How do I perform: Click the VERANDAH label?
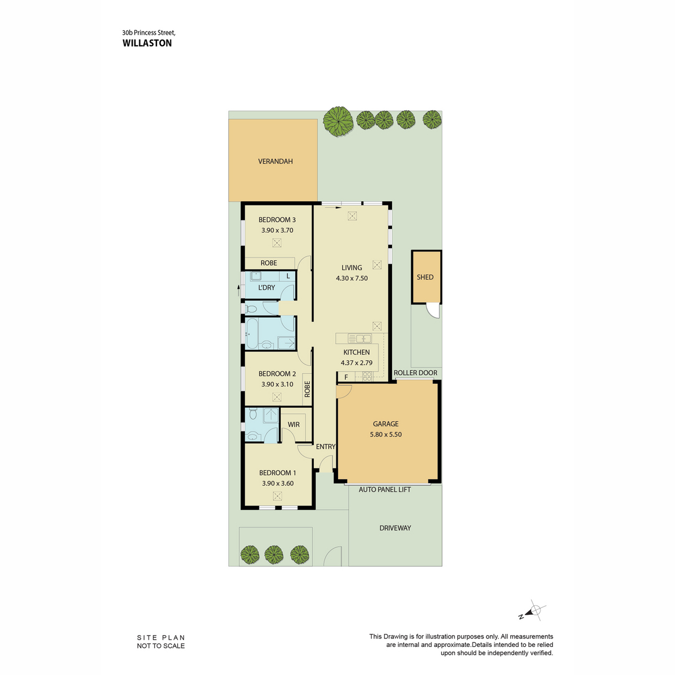tap(275, 161)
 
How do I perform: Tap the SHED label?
tap(425, 277)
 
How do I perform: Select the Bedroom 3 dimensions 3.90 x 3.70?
tap(277, 231)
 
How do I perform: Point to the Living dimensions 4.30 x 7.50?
tap(352, 278)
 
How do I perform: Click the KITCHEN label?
tap(356, 352)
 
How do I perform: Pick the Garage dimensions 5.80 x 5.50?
tap(386, 434)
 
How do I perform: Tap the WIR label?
tap(294, 425)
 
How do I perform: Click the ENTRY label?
tap(326, 447)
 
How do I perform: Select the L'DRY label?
tap(266, 287)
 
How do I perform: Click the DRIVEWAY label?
tap(395, 528)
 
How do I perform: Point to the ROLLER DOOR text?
tap(416, 373)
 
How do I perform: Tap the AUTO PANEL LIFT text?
tap(385, 490)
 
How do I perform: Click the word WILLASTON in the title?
tap(147, 43)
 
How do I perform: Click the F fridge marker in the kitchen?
tap(346, 377)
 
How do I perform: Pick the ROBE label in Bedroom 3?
tap(269, 263)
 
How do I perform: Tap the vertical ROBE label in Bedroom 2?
tap(307, 389)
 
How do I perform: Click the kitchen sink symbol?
tap(360, 339)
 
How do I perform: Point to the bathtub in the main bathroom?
tap(252, 334)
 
